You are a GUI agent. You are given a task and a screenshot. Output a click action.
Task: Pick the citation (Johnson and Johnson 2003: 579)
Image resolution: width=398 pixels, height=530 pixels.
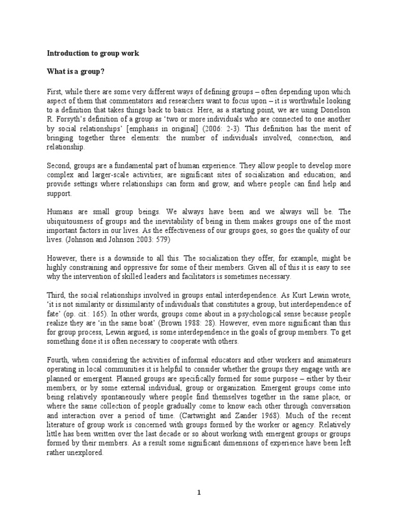(111, 240)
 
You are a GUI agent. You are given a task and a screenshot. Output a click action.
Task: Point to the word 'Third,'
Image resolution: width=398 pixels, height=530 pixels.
(56, 296)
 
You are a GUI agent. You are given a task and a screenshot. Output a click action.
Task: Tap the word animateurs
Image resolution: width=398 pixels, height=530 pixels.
(333, 351)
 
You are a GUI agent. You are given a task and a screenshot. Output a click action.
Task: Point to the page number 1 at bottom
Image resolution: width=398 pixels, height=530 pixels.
(199, 493)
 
